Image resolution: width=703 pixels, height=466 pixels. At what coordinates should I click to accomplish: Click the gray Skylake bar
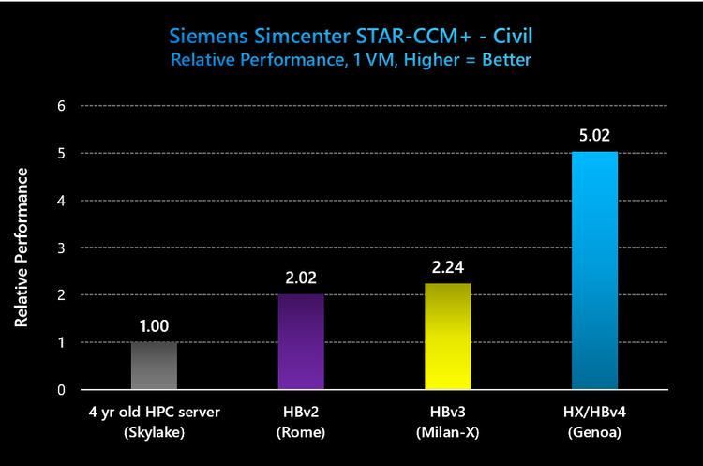pyautogui.click(x=154, y=366)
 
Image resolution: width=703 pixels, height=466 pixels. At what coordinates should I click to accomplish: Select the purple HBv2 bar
pyautogui.click(x=301, y=341)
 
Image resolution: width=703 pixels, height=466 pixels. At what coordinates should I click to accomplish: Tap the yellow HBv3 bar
pyautogui.click(x=448, y=337)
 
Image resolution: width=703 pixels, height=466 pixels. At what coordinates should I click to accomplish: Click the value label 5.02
pyautogui.click(x=594, y=135)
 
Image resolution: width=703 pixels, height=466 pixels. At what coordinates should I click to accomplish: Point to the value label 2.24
pyautogui.click(x=448, y=267)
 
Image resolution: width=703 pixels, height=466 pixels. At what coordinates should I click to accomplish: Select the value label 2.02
pyautogui.click(x=301, y=278)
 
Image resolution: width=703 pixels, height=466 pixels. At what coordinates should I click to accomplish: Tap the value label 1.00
pyautogui.click(x=154, y=326)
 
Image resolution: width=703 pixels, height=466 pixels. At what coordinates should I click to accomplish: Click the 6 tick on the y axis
pyautogui.click(x=61, y=106)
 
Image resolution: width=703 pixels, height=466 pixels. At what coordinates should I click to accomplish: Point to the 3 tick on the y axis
pyautogui.click(x=61, y=248)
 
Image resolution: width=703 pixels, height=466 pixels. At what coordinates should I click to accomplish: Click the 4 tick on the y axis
pyautogui.click(x=61, y=201)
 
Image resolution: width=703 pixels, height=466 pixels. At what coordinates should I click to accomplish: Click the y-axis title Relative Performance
pyautogui.click(x=21, y=248)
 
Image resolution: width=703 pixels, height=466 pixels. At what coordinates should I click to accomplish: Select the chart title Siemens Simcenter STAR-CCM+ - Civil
pyautogui.click(x=351, y=37)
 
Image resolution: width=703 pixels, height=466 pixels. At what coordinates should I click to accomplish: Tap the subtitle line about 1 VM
pyautogui.click(x=351, y=59)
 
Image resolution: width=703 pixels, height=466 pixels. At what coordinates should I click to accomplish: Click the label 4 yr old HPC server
pyautogui.click(x=154, y=412)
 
